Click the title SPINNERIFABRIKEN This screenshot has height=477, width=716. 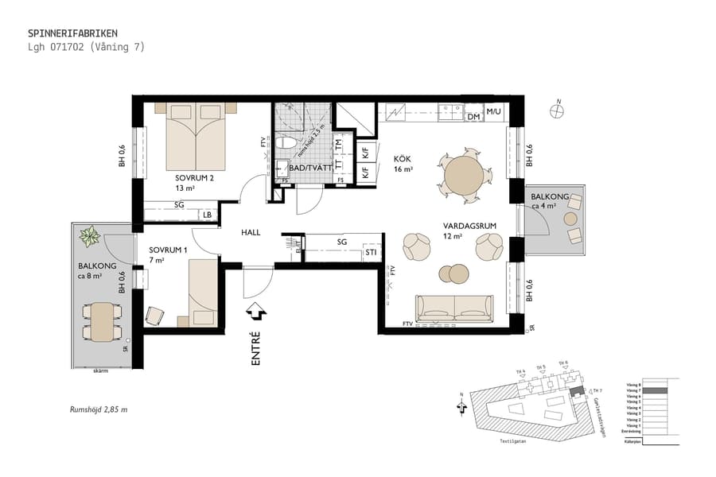(x=72, y=33)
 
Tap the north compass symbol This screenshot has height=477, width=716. (x=559, y=112)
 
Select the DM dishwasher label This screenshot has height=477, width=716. (x=473, y=117)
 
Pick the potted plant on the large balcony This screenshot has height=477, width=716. (x=90, y=236)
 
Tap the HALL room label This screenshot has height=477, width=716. (x=252, y=233)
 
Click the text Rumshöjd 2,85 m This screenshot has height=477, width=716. (x=99, y=409)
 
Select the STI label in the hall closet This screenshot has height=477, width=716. (x=371, y=254)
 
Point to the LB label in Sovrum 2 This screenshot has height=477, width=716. (x=207, y=215)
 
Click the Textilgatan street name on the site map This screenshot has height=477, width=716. (x=535, y=438)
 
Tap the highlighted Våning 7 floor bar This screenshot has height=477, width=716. (x=654, y=391)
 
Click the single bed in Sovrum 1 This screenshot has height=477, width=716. (x=203, y=291)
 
